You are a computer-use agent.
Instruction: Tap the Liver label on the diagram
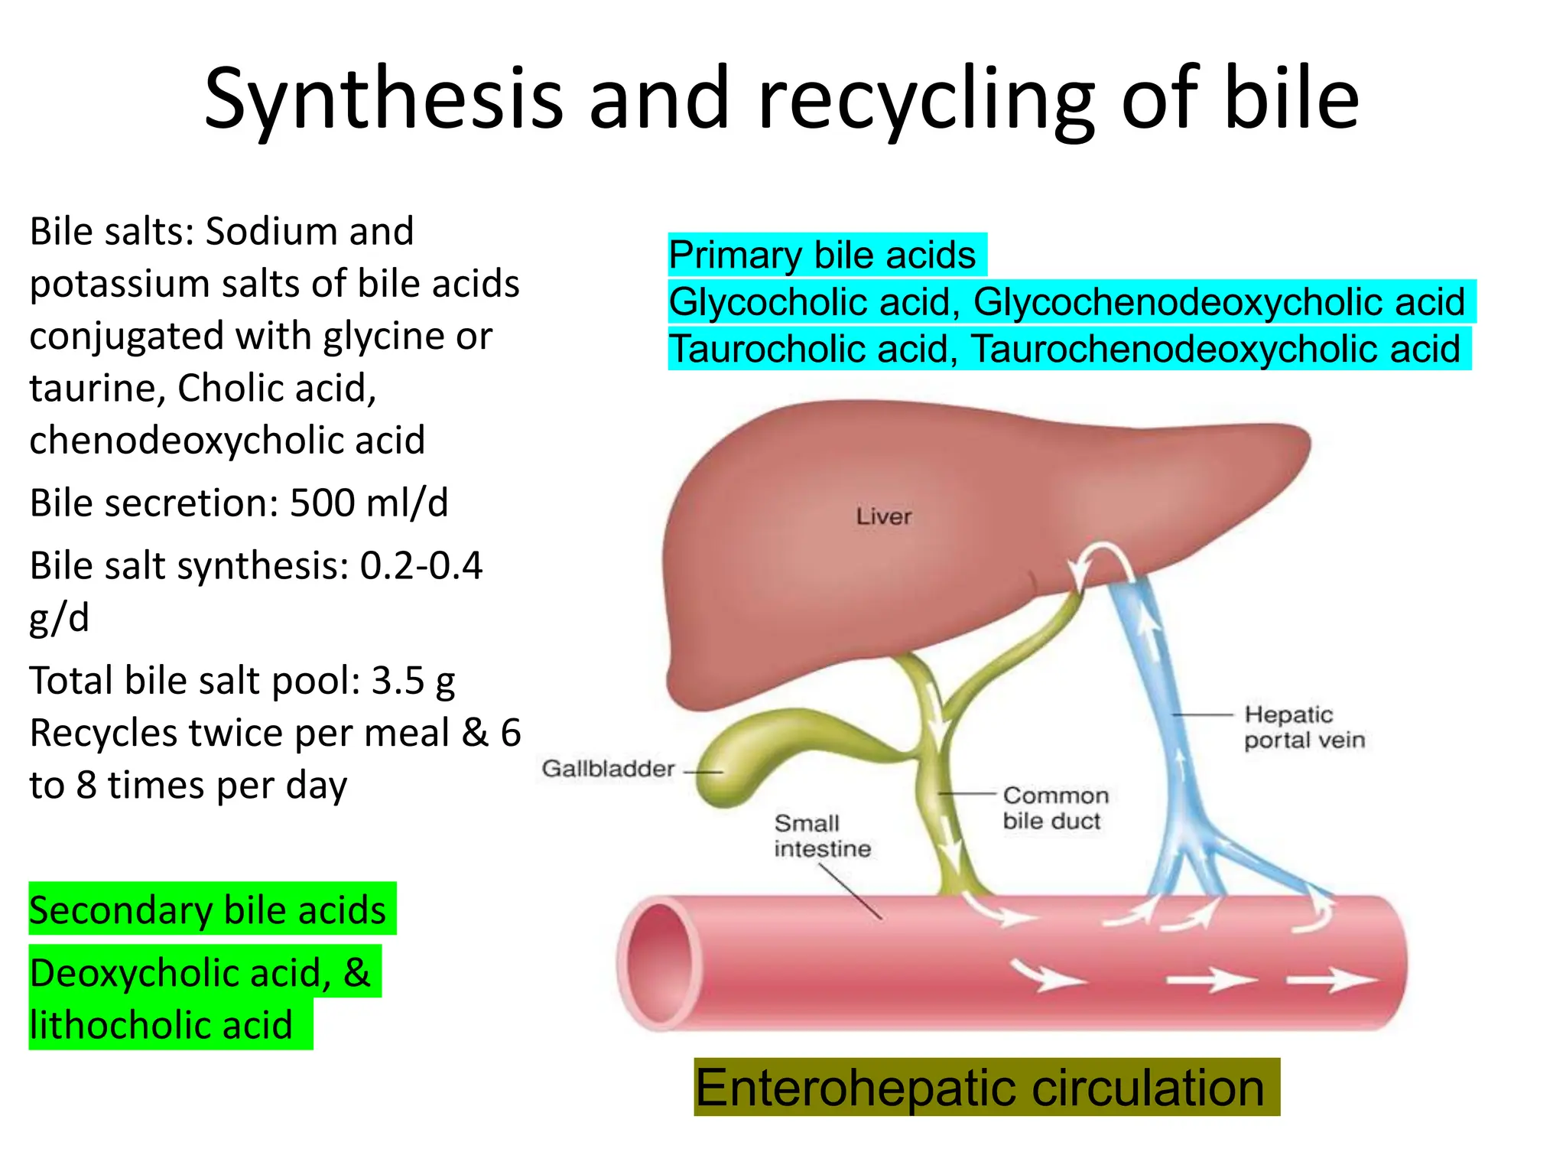[x=883, y=516]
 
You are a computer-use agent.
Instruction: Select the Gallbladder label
[x=608, y=768]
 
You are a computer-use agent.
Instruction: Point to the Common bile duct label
[x=1054, y=808]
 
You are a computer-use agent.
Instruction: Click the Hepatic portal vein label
[x=1304, y=727]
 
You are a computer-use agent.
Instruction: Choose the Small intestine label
[x=822, y=835]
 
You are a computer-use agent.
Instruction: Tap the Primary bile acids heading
[x=822, y=255]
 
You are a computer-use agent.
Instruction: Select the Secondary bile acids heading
[x=207, y=910]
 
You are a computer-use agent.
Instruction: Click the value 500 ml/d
[x=369, y=503]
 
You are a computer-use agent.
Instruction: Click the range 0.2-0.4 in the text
[x=421, y=566]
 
